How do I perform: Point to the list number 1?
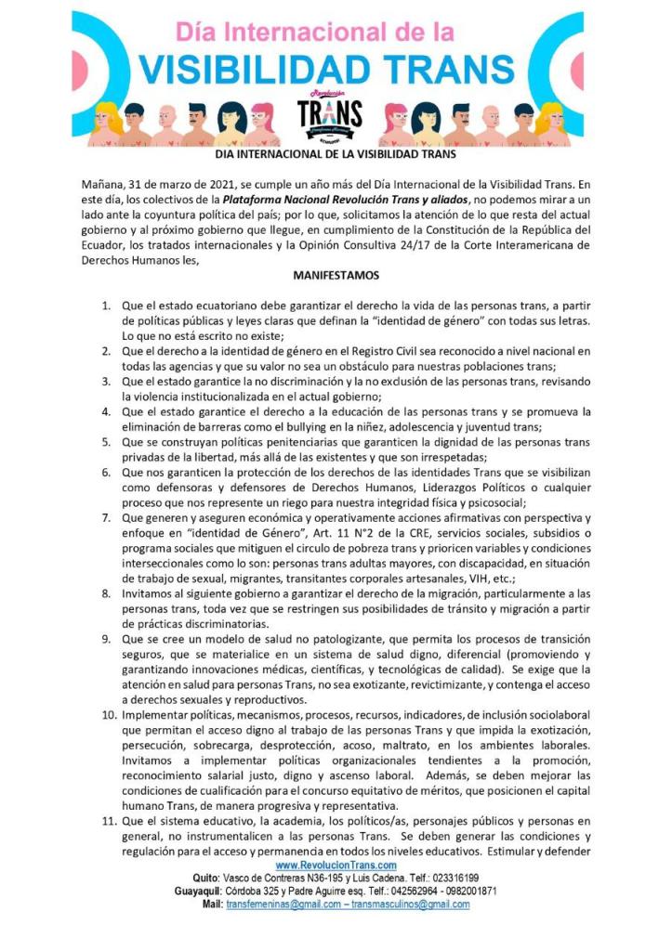[x=107, y=305]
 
